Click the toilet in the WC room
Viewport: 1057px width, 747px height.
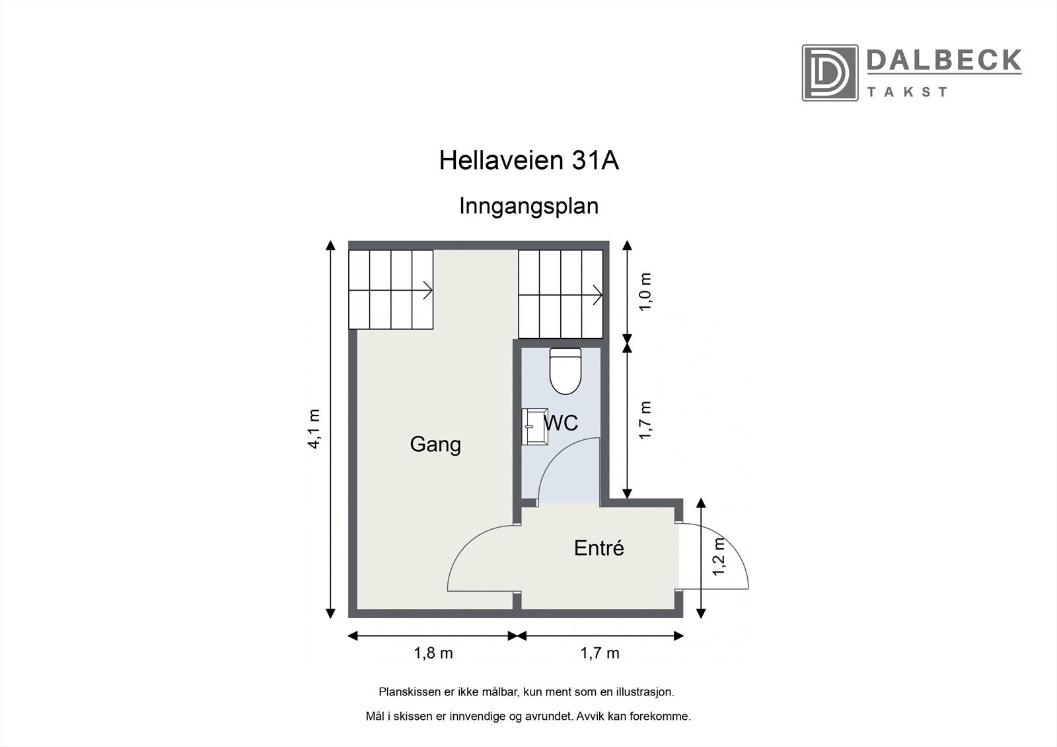click(565, 371)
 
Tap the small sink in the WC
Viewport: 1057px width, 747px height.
click(532, 427)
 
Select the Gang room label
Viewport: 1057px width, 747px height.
click(435, 444)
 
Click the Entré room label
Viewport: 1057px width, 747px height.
click(599, 548)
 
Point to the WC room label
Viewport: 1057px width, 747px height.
click(562, 422)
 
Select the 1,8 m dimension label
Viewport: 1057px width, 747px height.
click(433, 653)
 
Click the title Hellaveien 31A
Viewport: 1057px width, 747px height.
click(528, 160)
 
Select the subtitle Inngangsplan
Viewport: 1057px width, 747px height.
click(528, 206)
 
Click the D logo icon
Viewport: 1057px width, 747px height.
click(830, 73)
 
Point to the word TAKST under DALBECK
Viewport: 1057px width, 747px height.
click(908, 92)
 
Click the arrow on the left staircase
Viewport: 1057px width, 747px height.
click(426, 289)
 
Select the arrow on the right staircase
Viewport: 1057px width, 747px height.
click(596, 295)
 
